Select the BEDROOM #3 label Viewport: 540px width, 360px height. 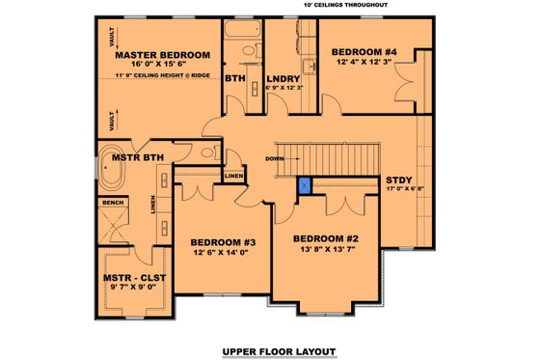point(222,242)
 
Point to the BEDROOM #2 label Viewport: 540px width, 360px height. point(326,238)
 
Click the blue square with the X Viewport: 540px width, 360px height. point(305,185)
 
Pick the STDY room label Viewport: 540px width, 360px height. point(398,180)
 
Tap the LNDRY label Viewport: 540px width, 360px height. point(283,77)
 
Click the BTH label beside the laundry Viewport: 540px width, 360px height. point(234,77)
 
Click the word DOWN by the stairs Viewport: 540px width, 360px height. point(275,158)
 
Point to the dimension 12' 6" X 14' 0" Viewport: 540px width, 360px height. point(222,253)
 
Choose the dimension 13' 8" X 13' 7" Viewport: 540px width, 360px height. point(326,249)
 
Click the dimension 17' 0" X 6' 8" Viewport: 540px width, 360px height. point(402,191)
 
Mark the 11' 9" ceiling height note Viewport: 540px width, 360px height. point(162,75)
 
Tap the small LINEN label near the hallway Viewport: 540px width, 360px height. point(232,177)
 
